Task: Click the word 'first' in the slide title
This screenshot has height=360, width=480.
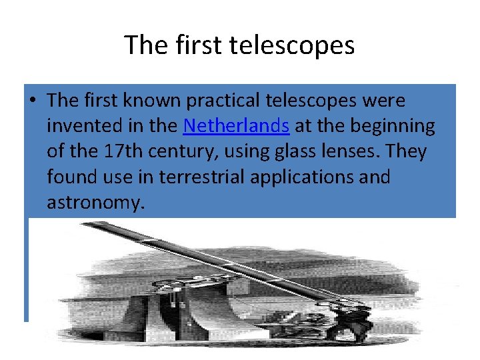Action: (189, 45)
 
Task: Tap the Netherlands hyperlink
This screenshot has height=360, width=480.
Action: (235, 125)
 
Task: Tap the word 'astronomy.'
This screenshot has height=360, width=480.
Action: (95, 202)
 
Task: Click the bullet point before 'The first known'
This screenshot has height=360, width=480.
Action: (33, 101)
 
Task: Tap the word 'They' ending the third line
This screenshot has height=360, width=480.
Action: (405, 151)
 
